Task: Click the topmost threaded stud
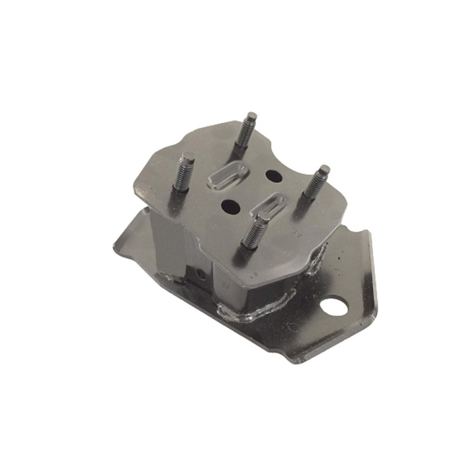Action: click(x=244, y=132)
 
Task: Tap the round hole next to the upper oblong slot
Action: click(x=274, y=176)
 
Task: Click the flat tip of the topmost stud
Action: click(x=252, y=115)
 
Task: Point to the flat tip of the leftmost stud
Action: click(x=188, y=156)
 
